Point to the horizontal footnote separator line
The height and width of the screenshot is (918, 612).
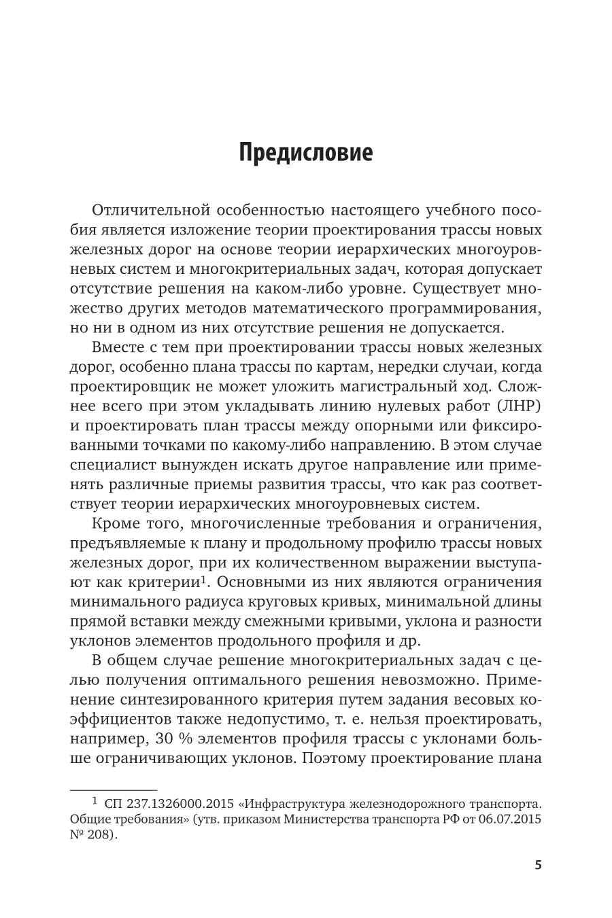point(114,790)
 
